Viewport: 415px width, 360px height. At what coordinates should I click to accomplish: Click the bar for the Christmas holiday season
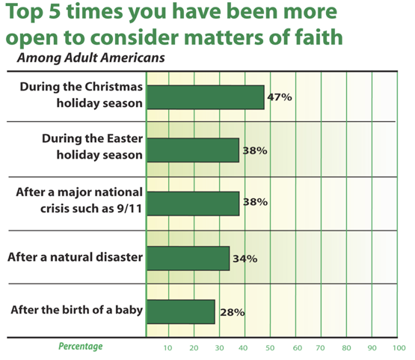206,97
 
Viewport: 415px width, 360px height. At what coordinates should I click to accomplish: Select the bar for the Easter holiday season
193,150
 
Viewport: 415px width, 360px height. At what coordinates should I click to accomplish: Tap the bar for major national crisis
193,204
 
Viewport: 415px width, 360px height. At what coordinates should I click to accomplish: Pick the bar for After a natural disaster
188,258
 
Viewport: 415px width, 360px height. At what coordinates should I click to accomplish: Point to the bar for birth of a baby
181,312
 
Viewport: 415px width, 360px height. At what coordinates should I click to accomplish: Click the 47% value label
280,97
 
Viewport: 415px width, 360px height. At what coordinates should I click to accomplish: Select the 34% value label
245,258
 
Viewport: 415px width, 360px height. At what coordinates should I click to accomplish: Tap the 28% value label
233,312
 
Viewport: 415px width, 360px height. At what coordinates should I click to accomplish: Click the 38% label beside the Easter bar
255,150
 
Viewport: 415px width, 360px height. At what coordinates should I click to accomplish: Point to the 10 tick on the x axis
167,348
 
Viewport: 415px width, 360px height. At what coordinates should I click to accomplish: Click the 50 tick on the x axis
270,348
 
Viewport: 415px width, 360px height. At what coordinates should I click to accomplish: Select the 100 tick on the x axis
399,348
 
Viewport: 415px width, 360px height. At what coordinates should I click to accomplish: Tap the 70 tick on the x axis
320,348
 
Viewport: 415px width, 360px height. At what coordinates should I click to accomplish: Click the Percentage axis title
81,347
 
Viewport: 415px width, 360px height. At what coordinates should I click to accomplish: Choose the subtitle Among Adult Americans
91,58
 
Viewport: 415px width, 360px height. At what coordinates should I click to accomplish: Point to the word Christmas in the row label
114,87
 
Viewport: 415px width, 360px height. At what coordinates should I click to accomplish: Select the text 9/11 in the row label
129,209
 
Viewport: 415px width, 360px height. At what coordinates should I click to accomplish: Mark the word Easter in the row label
125,138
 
